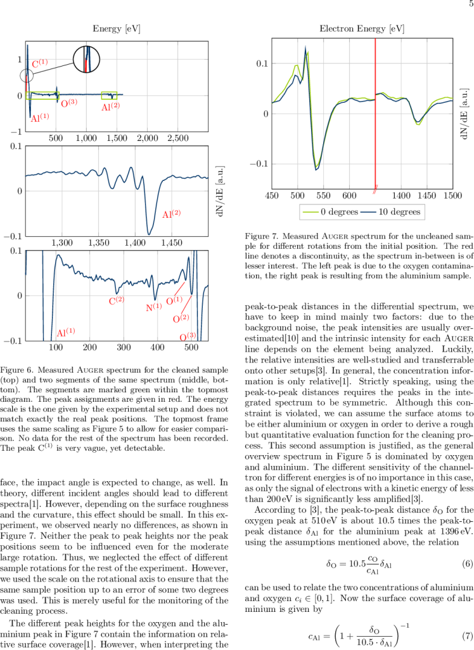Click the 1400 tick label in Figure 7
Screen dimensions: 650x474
[x=400, y=196]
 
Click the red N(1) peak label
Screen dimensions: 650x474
[x=154, y=307]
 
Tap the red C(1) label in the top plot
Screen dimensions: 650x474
[x=40, y=63]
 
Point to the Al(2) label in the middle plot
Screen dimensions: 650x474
[x=172, y=215]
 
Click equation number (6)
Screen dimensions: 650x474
[x=461, y=564]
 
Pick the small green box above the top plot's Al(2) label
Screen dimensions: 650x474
[x=109, y=95]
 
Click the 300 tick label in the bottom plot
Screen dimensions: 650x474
[x=124, y=347]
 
